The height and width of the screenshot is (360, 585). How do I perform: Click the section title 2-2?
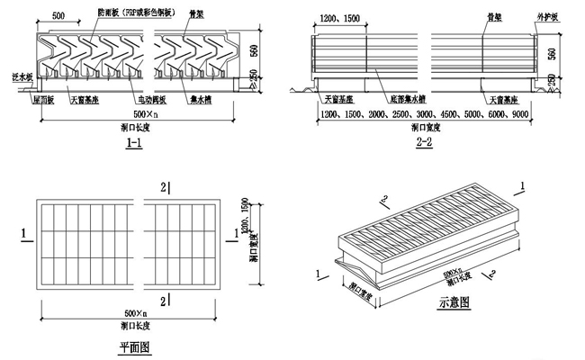[x=424, y=143]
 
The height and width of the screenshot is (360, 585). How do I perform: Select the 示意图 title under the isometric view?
[x=455, y=303]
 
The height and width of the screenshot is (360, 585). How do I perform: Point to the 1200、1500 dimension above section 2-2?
[x=337, y=16]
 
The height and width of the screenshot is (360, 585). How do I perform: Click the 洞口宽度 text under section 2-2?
[x=423, y=130]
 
